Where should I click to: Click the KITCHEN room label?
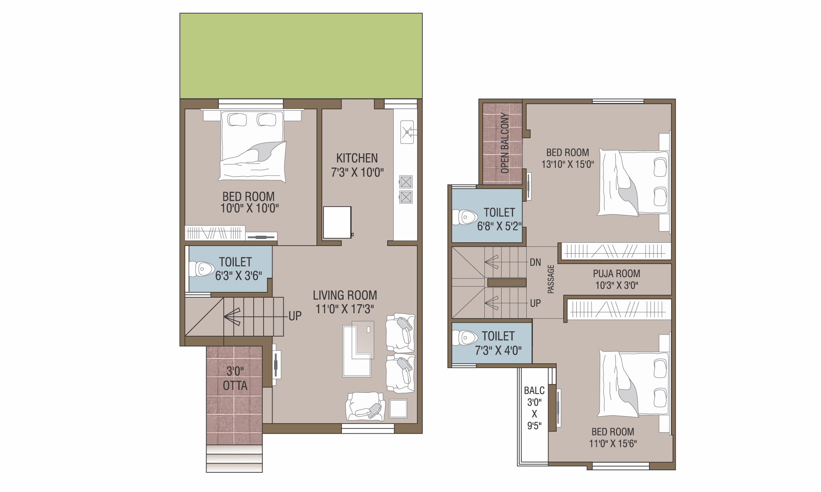point(357,158)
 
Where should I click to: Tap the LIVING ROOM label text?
point(345,295)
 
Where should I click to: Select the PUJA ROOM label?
point(617,273)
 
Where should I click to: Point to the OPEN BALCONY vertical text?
point(505,143)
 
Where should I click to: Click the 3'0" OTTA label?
point(235,378)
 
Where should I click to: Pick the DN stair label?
point(535,262)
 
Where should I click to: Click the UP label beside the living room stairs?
point(295,316)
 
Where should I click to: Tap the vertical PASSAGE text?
point(551,279)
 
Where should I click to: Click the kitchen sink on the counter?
point(407,132)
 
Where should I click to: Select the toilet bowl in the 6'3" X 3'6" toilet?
point(202,269)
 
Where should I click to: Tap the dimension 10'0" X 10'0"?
point(250,208)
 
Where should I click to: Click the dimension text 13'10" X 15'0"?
point(568,164)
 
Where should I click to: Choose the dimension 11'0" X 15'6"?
point(613,443)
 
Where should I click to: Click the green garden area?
point(301,56)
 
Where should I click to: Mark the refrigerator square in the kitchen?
point(337,222)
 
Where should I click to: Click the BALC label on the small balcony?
point(534,390)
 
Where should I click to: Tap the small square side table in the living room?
point(398,408)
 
